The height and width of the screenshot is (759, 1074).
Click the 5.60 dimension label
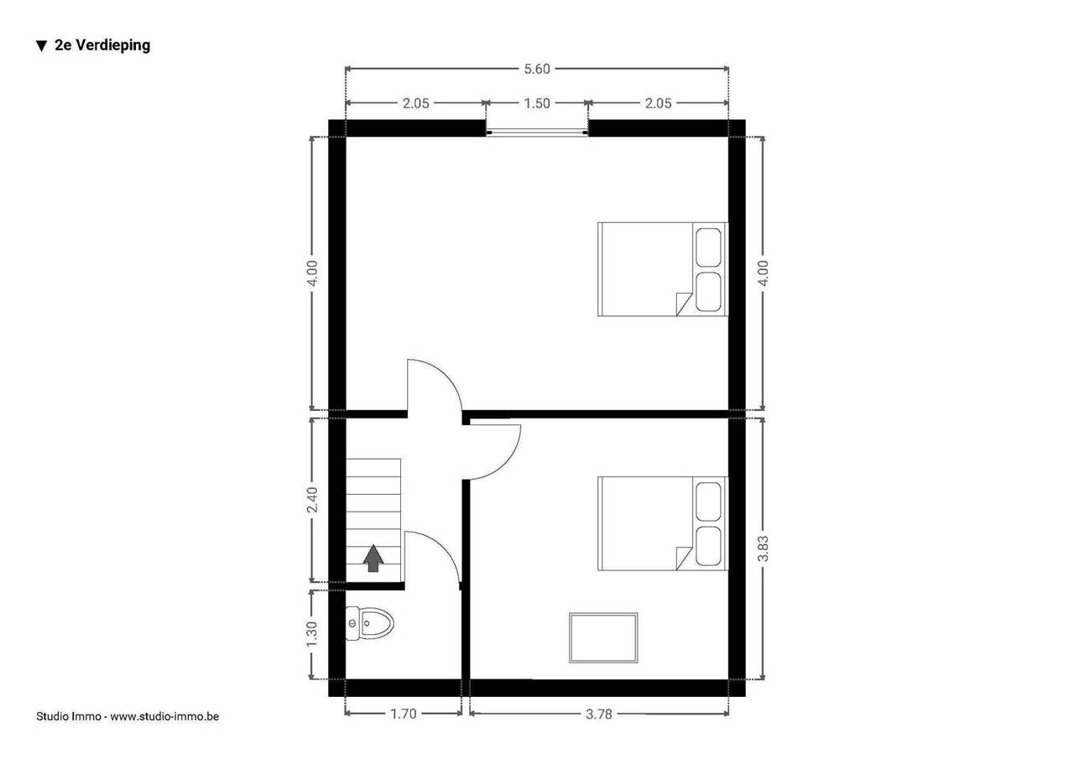pos(536,69)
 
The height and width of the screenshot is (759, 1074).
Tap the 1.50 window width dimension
pos(536,103)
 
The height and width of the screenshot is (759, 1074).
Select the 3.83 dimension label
pos(763,548)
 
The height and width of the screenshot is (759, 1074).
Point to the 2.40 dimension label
pos(312,500)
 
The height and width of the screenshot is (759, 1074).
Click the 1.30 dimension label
pos(312,634)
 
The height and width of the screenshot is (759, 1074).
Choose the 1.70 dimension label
pos(404,714)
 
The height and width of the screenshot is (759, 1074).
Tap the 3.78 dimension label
pos(599,715)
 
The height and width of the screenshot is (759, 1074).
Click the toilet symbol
pos(369,623)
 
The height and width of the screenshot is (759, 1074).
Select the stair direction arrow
pos(373,559)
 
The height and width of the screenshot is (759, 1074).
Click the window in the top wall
pos(537,133)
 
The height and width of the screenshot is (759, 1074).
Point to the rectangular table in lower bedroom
pos(603,637)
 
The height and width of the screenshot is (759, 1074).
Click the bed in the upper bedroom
pos(663,269)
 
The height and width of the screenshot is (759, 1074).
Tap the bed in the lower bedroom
pos(663,523)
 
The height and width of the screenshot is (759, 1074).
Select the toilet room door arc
pos(445,548)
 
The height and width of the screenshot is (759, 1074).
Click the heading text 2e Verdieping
pos(102,45)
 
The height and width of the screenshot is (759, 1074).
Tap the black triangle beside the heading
pos(42,46)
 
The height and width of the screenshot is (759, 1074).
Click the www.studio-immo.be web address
pos(164,716)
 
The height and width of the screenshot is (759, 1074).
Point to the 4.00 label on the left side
pos(312,273)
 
